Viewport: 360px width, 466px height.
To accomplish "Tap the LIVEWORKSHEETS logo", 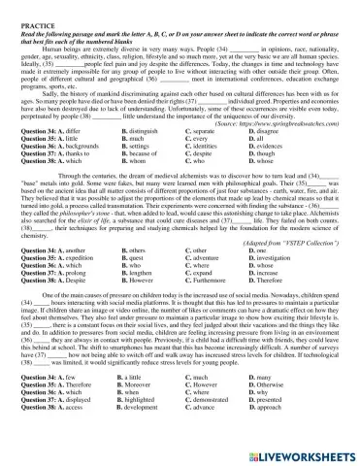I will click(x=300, y=453).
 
